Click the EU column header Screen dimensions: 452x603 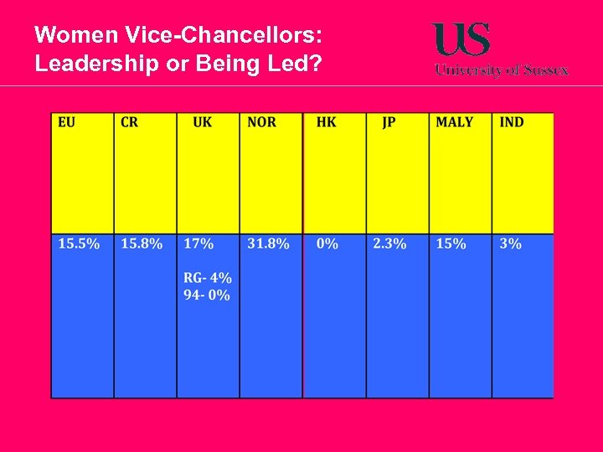[x=66, y=122]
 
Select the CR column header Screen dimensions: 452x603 [x=130, y=122]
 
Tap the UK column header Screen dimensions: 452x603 [x=202, y=122]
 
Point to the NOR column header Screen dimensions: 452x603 [x=261, y=122]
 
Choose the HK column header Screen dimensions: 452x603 [x=326, y=122]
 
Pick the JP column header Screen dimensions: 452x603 [x=389, y=122]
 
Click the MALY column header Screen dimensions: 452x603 [x=454, y=122]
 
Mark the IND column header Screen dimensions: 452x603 [x=511, y=122]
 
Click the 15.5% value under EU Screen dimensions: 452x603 [x=79, y=244]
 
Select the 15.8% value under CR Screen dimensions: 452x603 [x=142, y=244]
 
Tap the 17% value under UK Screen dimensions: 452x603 [x=198, y=244]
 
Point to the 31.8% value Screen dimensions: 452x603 [x=268, y=244]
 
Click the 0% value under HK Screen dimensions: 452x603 [x=327, y=244]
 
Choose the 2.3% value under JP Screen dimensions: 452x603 [x=389, y=244]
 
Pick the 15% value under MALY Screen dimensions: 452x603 [x=451, y=244]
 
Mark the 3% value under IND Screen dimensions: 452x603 [x=510, y=244]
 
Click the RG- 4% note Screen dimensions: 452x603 [x=208, y=277]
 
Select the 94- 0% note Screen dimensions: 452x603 [x=206, y=295]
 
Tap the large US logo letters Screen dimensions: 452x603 [x=461, y=39]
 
